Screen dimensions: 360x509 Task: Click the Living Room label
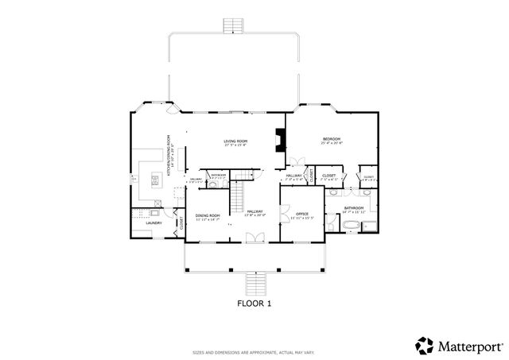coord(235,142)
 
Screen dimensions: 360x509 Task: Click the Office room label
coord(301,215)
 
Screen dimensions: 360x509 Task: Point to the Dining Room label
coord(208,216)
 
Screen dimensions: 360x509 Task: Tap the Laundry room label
coord(154,223)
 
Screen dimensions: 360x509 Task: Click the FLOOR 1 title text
coord(254,303)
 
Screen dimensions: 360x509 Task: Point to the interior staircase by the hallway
coord(237,196)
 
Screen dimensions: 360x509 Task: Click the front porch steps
coord(254,283)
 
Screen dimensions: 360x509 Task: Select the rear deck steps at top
coord(232,25)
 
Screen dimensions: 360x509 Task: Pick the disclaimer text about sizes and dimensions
coord(254,352)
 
